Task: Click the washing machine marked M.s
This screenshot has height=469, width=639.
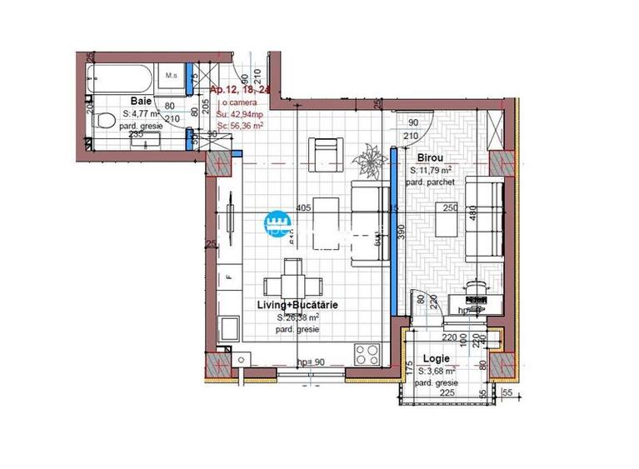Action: point(172,77)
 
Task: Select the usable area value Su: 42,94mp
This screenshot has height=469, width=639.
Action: point(240,114)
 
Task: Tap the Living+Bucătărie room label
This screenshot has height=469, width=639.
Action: point(297,306)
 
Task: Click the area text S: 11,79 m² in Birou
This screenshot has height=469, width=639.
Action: point(432,170)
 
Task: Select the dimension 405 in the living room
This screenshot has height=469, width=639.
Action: point(302,208)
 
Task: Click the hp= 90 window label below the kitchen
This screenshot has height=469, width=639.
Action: point(310,362)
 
